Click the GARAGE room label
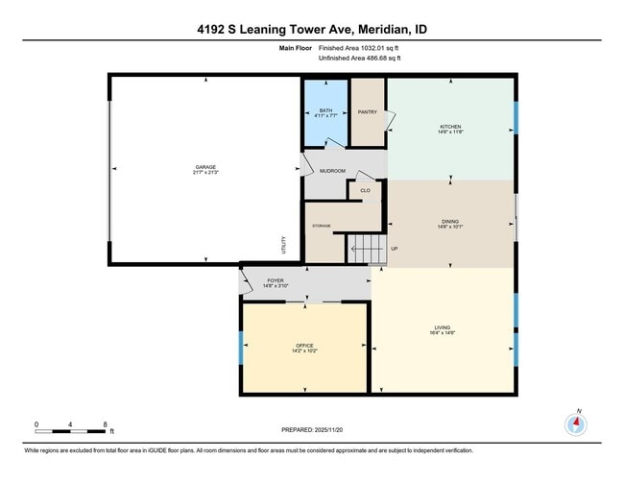click(x=205, y=168)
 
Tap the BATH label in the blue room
click(x=326, y=110)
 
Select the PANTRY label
click(x=367, y=111)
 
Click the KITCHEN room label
click(x=451, y=127)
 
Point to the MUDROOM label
click(x=332, y=170)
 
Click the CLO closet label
click(x=365, y=190)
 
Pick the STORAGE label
click(x=321, y=226)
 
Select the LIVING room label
click(x=443, y=328)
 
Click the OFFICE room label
click(x=304, y=346)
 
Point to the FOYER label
click(x=275, y=280)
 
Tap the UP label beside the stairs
click(x=394, y=250)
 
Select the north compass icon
click(x=576, y=423)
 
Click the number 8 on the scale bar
click(x=106, y=422)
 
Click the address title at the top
click(x=312, y=30)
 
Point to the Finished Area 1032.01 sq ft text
click(x=359, y=46)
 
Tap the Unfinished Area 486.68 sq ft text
click(x=359, y=58)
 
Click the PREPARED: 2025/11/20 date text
click(x=312, y=429)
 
